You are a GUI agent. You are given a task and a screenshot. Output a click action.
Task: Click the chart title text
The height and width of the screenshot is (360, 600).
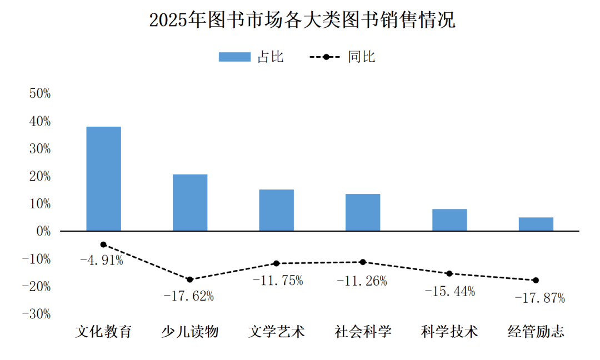pos(302,21)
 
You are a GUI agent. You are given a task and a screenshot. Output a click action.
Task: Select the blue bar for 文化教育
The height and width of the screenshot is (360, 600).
pos(104,179)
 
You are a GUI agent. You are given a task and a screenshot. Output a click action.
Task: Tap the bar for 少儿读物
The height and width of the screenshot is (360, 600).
pos(190,203)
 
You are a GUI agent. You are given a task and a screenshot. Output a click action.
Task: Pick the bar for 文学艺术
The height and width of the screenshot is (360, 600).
pos(277,210)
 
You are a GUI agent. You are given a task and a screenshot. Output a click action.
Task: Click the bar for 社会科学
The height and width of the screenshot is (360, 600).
pos(363,212)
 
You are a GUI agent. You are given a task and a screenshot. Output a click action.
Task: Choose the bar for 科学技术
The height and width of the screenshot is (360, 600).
pos(449,220)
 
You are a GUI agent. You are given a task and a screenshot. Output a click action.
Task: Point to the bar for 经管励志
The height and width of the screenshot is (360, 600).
pos(536,224)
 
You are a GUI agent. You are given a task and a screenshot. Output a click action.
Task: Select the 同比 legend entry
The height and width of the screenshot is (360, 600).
pos(342,57)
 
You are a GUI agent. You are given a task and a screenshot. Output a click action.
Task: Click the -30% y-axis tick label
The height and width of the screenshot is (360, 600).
pos(36,314)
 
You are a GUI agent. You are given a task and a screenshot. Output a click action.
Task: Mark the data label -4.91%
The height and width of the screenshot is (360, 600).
pos(102,260)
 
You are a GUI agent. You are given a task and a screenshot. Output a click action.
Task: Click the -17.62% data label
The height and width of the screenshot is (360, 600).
pos(188,296)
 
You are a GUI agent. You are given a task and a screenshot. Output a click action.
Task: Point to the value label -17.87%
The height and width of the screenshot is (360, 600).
pos(539,298)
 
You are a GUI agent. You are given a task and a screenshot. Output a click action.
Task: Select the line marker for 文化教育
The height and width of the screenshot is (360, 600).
pos(103,244)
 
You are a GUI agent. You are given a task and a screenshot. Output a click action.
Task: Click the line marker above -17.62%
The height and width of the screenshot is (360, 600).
pos(190,279)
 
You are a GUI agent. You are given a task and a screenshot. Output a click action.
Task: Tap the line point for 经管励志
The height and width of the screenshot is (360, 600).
pos(536,280)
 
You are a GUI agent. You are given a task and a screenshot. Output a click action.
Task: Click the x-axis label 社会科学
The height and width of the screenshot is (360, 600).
pos(363,332)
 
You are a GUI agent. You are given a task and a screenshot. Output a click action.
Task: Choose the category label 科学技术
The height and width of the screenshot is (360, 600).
pos(449,332)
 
